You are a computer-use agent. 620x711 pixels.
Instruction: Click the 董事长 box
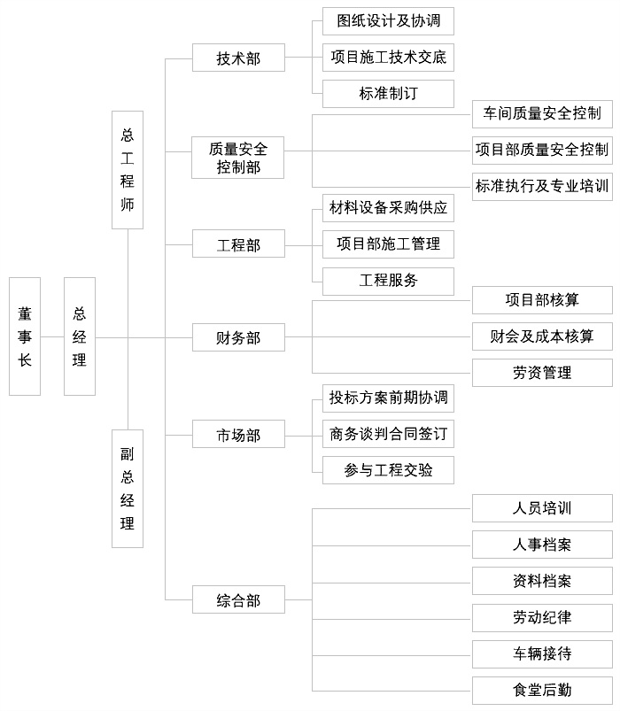click(25, 336)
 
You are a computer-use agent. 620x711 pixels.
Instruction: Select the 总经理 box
click(80, 336)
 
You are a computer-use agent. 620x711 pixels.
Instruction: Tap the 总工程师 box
click(128, 170)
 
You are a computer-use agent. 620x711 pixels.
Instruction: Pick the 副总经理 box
click(128, 489)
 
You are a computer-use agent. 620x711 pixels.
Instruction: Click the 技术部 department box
click(238, 58)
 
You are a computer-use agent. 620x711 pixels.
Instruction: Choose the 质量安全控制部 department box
click(238, 158)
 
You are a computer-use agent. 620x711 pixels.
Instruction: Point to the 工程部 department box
click(238, 244)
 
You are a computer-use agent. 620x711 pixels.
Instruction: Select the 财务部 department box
click(238, 337)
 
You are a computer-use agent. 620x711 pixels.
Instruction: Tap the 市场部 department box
click(238, 435)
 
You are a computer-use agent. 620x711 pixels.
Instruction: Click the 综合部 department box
click(238, 599)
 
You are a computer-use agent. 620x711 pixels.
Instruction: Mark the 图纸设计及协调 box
click(388, 21)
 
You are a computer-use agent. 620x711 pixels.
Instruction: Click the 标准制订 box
click(388, 94)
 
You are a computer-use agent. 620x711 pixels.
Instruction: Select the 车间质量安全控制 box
click(542, 114)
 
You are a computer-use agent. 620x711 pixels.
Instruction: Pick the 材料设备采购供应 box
click(388, 208)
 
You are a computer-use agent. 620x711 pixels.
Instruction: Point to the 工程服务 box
click(388, 282)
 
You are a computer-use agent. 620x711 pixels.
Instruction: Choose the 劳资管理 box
click(542, 373)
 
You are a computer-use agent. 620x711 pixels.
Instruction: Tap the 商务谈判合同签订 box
click(388, 434)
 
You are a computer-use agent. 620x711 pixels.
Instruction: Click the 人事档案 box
click(542, 545)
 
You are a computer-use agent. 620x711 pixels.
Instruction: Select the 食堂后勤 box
click(542, 691)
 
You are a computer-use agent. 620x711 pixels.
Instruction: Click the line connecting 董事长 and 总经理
click(52, 337)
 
